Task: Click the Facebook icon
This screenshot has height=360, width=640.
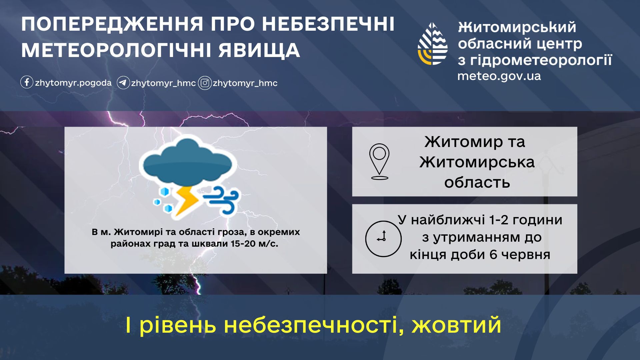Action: coord(27,82)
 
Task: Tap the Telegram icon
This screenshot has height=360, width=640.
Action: coord(123,83)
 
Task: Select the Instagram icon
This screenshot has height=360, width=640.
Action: coord(205,83)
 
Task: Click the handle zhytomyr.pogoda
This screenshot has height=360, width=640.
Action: coord(73,83)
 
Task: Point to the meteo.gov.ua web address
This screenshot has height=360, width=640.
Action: coord(499,76)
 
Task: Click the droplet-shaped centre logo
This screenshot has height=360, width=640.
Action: coord(433,44)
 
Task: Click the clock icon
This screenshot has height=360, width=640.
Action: coord(383,239)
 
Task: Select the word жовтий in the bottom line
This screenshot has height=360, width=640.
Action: coord(457,325)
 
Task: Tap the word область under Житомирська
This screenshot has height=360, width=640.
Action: coord(477,183)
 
